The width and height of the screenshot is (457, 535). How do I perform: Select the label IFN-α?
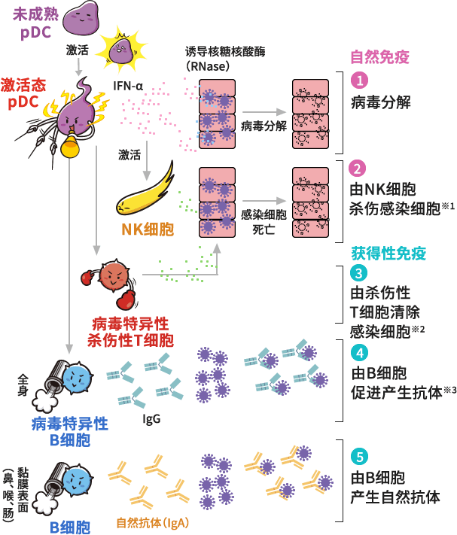click(128, 86)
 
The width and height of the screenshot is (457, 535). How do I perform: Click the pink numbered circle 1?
click(360, 80)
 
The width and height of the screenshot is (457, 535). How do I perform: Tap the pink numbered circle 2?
click(360, 169)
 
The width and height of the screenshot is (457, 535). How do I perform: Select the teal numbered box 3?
click(360, 273)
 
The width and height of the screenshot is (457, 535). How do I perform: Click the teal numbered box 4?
click(360, 352)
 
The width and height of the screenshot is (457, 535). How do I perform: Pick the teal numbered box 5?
click(360, 457)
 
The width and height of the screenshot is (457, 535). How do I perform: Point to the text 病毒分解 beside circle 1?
click(380, 102)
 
